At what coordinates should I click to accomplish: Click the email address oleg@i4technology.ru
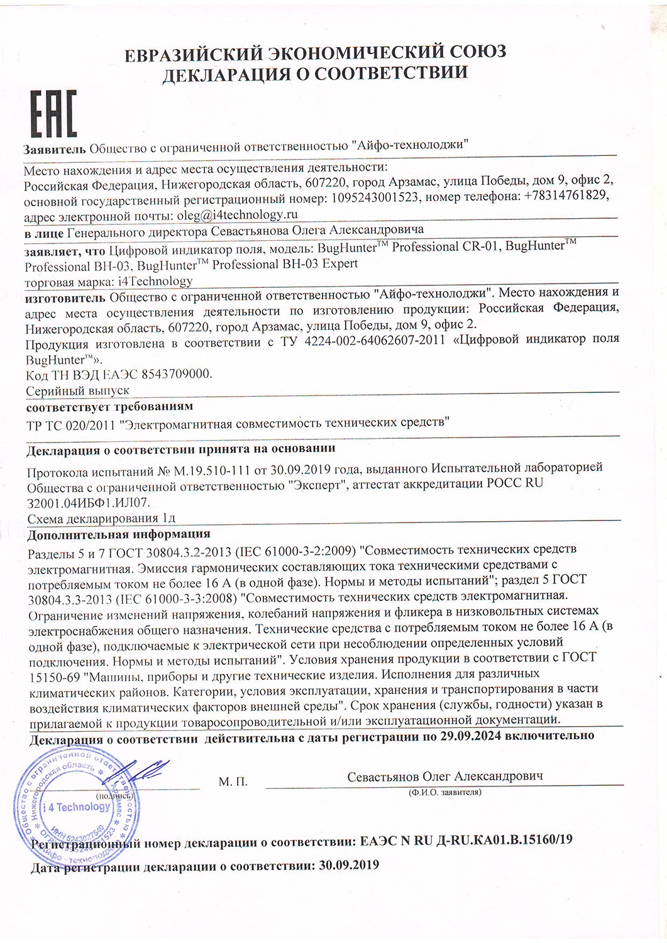(x=230, y=214)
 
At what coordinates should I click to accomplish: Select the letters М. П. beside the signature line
(x=233, y=782)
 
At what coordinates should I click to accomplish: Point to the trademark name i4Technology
(x=155, y=281)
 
